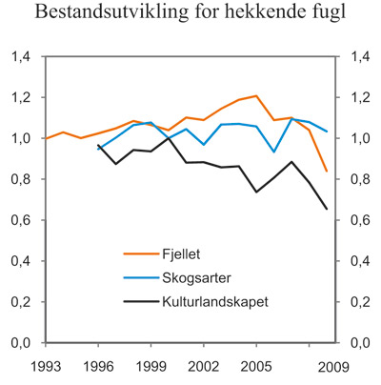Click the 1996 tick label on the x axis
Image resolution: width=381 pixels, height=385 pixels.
click(98, 366)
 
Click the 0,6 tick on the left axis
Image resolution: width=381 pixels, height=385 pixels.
click(20, 221)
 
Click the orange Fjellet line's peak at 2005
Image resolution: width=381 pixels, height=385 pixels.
click(256, 95)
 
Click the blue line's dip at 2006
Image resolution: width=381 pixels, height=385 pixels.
click(274, 152)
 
